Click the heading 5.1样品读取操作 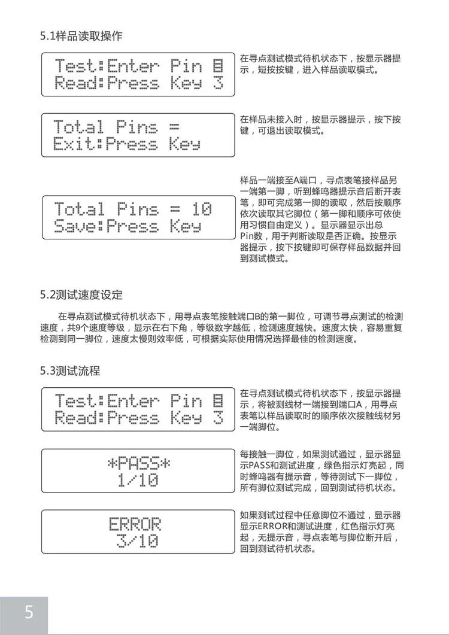tap(81, 36)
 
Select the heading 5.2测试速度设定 tap(81, 294)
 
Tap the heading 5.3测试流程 tap(70, 370)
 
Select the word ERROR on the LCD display tap(135, 525)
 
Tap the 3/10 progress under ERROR tap(138, 542)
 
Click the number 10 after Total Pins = tap(202, 209)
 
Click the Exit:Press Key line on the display tap(126, 144)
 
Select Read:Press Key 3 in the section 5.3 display tap(138, 417)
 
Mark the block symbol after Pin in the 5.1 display tap(219, 65)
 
